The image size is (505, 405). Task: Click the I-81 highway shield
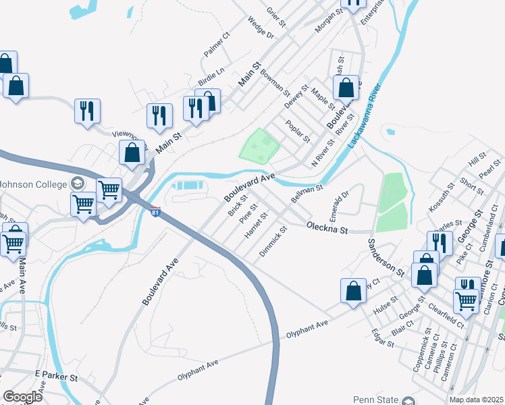[x=156, y=212]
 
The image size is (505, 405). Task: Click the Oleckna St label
[x=327, y=229]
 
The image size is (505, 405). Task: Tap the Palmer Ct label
[x=217, y=45]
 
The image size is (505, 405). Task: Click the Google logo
[x=22, y=396]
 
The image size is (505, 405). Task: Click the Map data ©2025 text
[x=476, y=400]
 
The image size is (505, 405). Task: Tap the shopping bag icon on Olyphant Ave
[x=353, y=291]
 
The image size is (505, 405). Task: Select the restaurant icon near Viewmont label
[x=87, y=111]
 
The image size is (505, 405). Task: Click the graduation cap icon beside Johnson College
[x=77, y=184]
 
